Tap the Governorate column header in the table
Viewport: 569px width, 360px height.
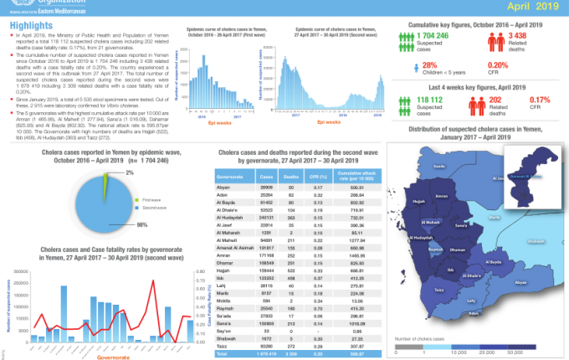(229, 177)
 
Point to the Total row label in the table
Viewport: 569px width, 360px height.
(222, 355)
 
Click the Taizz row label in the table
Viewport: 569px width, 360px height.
(223, 345)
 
